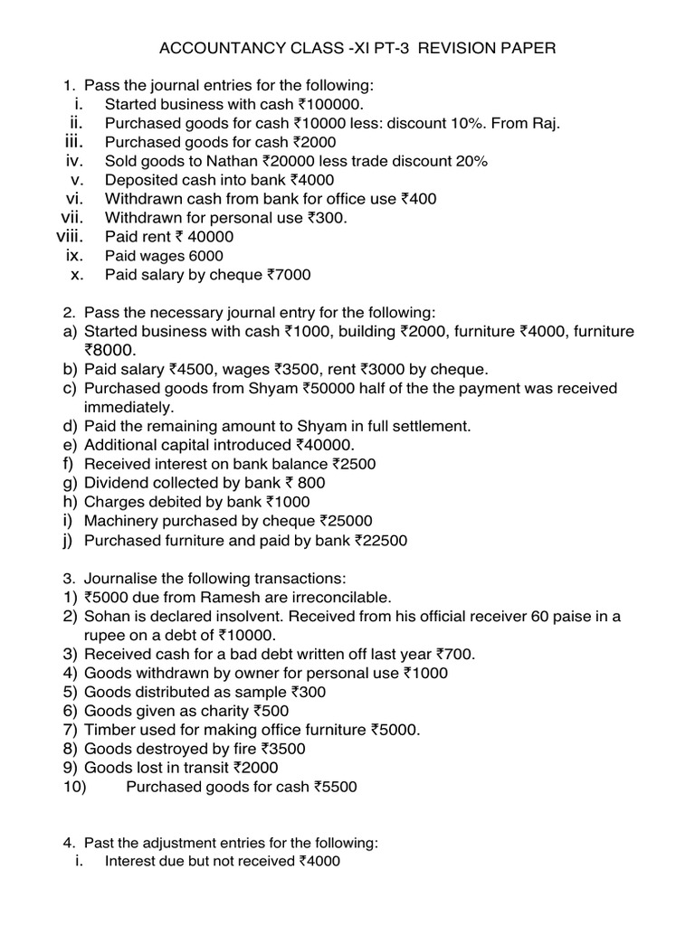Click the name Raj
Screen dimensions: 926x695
point(544,123)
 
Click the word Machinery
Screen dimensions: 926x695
point(121,521)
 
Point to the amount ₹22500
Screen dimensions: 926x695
point(381,541)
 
